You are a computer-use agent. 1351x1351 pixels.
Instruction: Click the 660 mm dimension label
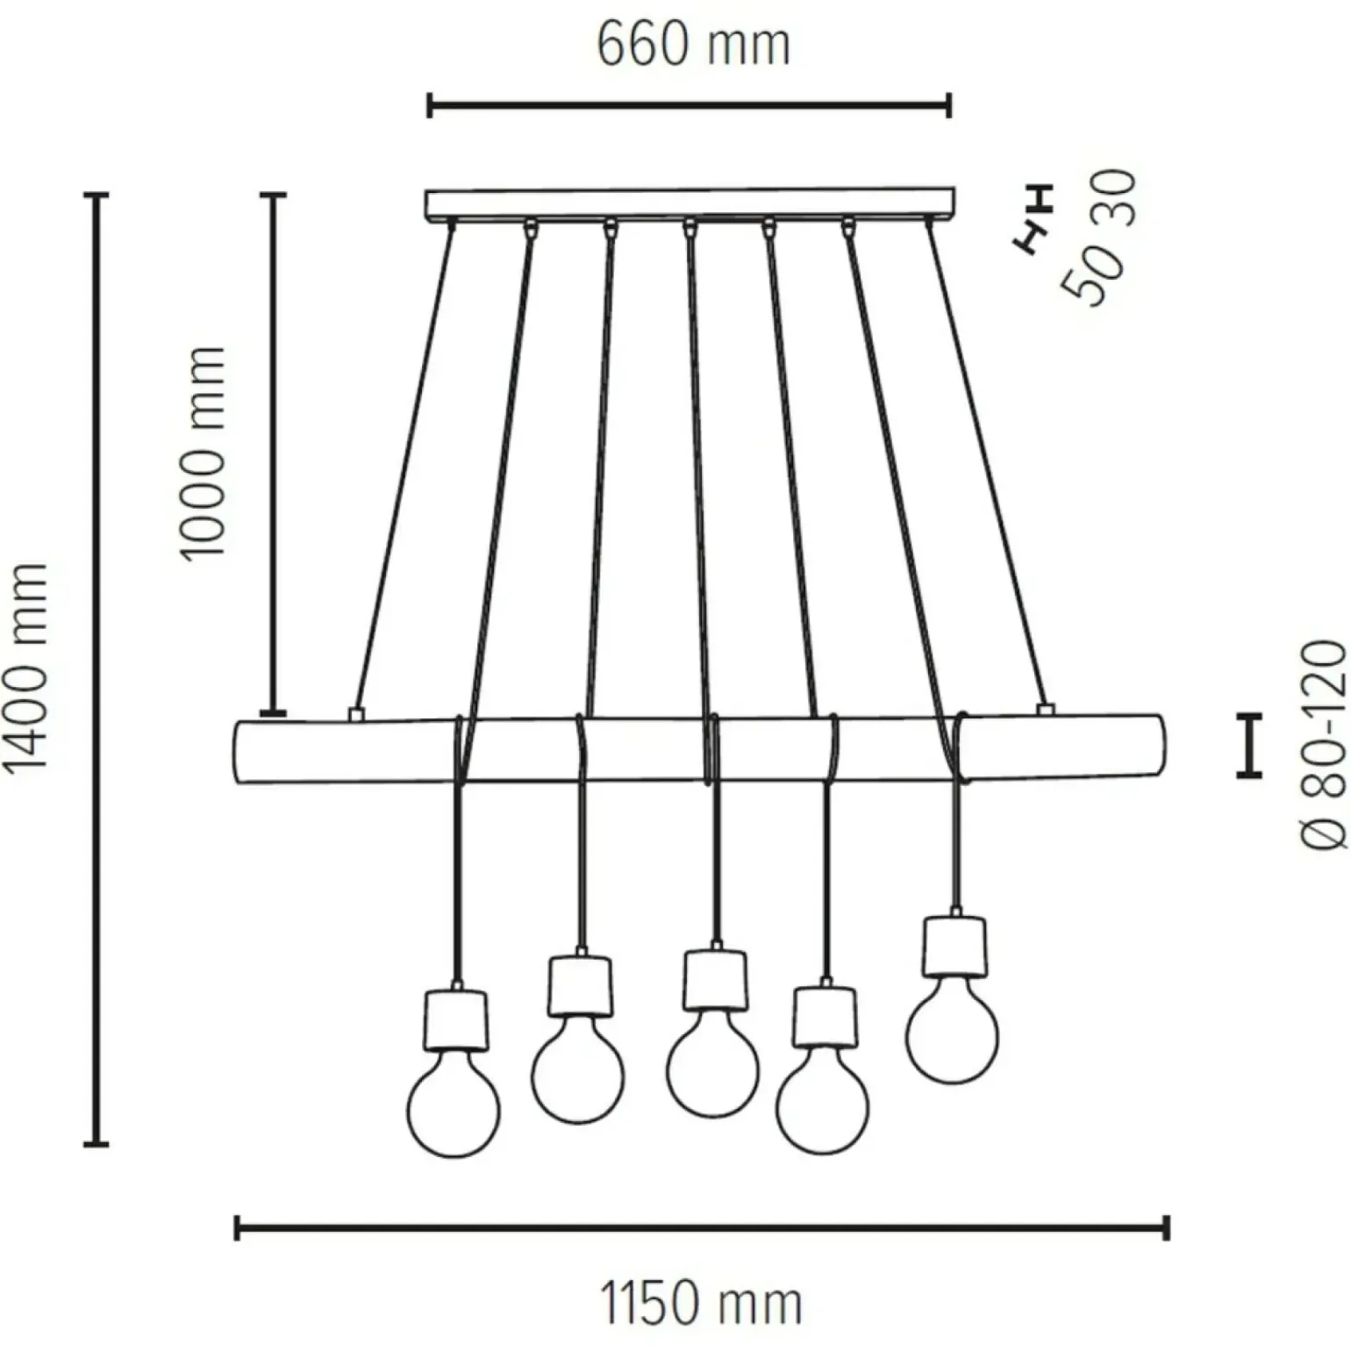click(693, 44)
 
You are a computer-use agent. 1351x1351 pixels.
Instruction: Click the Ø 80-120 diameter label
click(1322, 745)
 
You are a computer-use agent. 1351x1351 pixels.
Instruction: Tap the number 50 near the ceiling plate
click(1091, 272)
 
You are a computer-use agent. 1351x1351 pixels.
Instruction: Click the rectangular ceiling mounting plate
click(689, 204)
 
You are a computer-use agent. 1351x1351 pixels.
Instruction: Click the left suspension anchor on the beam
click(354, 713)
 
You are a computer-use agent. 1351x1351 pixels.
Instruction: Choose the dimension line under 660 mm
click(689, 107)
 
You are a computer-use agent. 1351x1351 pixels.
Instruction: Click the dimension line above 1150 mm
click(702, 1227)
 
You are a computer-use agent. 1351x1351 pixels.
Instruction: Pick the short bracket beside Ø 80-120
click(1248, 745)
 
